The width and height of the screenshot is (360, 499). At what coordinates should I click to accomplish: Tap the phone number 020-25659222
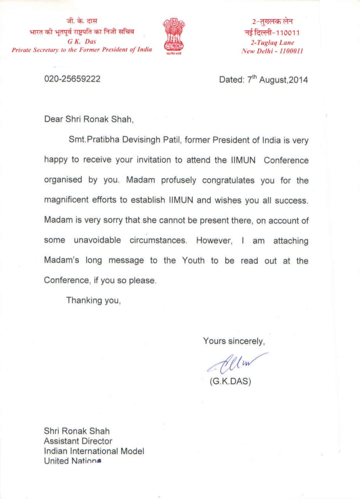pyautogui.click(x=73, y=79)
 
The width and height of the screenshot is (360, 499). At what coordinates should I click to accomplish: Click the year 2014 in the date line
pyautogui.click(x=298, y=80)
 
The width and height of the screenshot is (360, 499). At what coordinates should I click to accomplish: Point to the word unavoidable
pyautogui.click(x=98, y=240)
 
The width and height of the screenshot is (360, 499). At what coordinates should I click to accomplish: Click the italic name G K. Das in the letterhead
pyautogui.click(x=82, y=42)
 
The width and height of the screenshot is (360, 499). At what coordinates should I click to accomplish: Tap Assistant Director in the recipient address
pyautogui.click(x=78, y=441)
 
